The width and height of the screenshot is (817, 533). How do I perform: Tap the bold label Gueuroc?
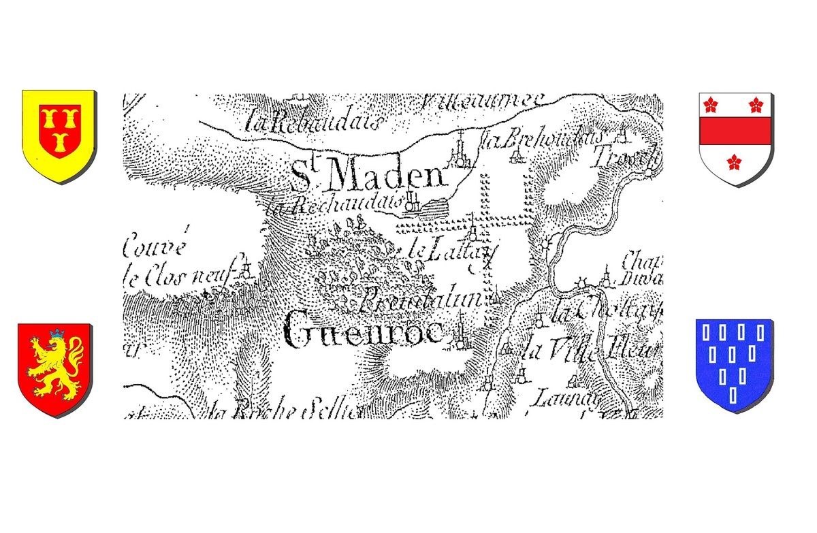click(x=364, y=332)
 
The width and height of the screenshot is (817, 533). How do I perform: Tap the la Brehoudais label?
click(x=542, y=139)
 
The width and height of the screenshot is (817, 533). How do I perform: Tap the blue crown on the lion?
click(x=57, y=334)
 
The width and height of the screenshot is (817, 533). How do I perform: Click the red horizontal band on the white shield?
click(x=735, y=131)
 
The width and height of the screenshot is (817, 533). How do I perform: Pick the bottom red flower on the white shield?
click(x=734, y=161)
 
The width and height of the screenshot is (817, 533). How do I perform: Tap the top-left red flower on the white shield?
click(x=711, y=104)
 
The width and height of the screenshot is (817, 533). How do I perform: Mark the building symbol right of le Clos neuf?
click(x=247, y=270)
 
